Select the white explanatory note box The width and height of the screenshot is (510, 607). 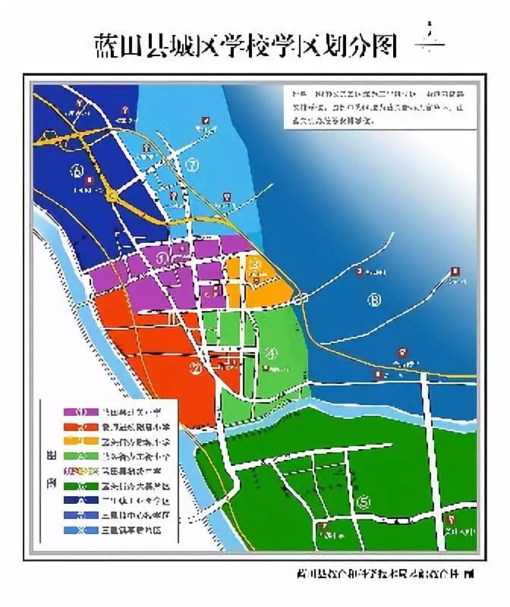tap(375, 105)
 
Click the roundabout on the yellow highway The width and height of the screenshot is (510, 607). tap(112, 195)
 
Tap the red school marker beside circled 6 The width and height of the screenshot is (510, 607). tap(90, 181)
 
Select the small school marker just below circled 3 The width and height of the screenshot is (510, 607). tap(266, 369)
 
